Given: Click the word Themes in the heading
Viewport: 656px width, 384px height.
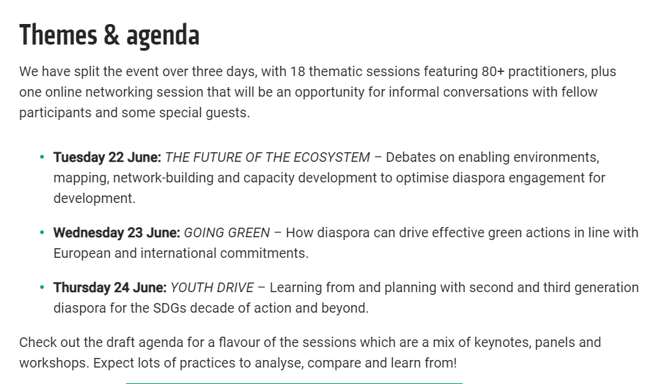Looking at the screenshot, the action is [58, 35].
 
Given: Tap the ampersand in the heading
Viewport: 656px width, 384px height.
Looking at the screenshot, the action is [112, 35].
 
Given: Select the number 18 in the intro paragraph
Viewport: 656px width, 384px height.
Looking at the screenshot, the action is [297, 71].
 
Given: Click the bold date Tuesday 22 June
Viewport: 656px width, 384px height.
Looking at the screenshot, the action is [107, 157].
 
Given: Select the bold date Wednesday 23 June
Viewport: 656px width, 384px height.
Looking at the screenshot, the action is [117, 232].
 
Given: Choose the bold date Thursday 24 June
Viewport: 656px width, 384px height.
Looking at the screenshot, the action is [110, 287].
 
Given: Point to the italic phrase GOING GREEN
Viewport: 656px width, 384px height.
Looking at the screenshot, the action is [227, 232].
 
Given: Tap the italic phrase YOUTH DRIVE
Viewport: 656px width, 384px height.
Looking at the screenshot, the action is [212, 287].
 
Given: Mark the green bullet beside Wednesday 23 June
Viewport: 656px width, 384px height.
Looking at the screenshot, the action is [42, 232].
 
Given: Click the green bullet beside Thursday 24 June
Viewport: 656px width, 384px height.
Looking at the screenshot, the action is [42, 287].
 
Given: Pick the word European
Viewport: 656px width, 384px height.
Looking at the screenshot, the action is [82, 254].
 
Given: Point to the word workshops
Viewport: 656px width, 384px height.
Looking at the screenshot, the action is [54, 363].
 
